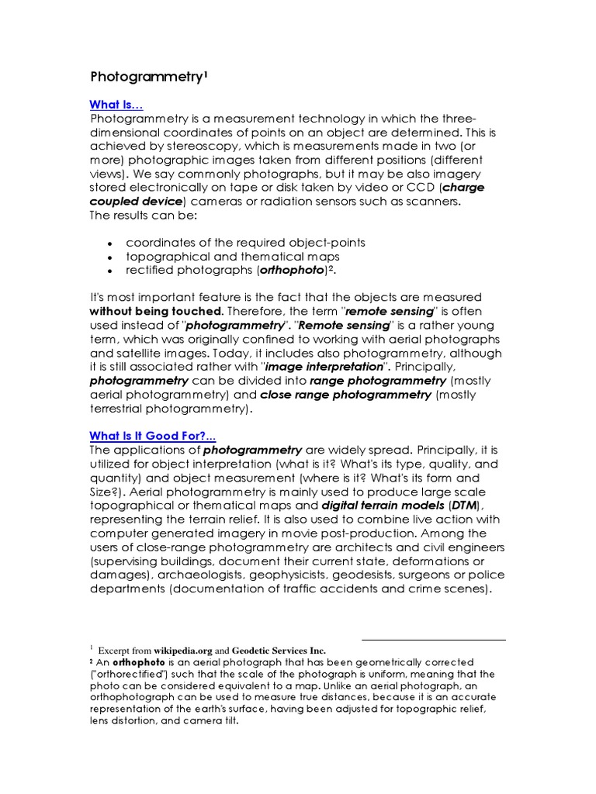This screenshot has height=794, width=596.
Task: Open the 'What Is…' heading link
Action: [116, 105]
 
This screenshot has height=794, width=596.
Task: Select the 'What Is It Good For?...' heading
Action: [154, 437]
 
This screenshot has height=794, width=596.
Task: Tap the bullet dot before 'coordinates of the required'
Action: [111, 243]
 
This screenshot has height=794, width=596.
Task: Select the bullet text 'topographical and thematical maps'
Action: [232, 256]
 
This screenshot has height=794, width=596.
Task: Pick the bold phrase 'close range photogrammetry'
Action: [345, 395]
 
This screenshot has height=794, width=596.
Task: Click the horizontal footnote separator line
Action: [433, 640]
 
